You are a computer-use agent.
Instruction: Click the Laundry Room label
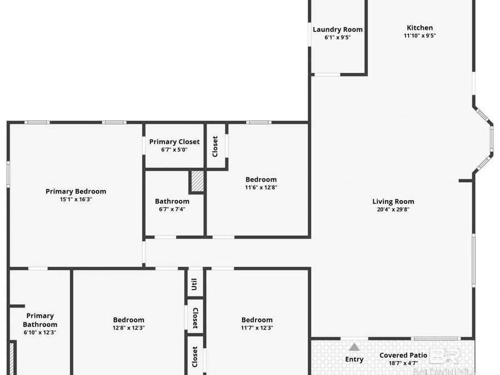pyautogui.click(x=337, y=29)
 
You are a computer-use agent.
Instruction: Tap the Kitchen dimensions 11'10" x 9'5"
pyautogui.click(x=419, y=36)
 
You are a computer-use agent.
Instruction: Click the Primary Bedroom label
pyautogui.click(x=76, y=191)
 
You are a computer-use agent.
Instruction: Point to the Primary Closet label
pyautogui.click(x=174, y=142)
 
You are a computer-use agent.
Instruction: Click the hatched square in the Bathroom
pyautogui.click(x=197, y=181)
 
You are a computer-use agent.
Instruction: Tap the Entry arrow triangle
pyautogui.click(x=354, y=347)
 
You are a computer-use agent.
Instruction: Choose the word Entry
pyautogui.click(x=354, y=359)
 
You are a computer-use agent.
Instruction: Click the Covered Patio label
pyautogui.click(x=403, y=355)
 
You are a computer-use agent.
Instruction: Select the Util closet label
pyautogui.click(x=194, y=285)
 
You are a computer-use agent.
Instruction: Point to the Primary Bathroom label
pyautogui.click(x=40, y=320)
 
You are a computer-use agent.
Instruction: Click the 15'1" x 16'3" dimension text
pyautogui.click(x=76, y=199)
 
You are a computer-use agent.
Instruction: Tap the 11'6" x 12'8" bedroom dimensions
pyautogui.click(x=261, y=187)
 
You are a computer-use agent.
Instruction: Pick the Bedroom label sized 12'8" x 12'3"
pyautogui.click(x=128, y=319)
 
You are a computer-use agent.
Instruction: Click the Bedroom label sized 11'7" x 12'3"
pyautogui.click(x=257, y=319)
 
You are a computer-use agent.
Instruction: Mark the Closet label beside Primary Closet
pyautogui.click(x=215, y=146)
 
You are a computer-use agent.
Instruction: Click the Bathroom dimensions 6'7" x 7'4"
pyautogui.click(x=172, y=209)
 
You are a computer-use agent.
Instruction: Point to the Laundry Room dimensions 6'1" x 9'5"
pyautogui.click(x=337, y=37)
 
